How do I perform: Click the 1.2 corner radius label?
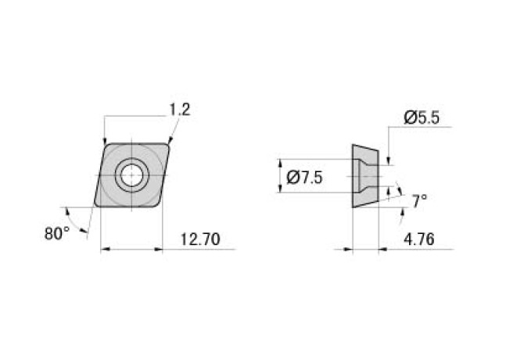[179, 110]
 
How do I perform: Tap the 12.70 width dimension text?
[199, 239]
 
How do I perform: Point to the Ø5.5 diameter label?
[422, 117]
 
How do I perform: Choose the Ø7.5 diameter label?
[305, 178]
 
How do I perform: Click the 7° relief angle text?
[419, 200]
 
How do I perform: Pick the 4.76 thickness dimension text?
[420, 239]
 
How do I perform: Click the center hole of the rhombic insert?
[131, 175]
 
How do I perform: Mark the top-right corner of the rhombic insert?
[169, 143]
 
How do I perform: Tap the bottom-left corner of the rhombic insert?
[96, 205]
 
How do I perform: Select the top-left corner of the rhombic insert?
[106, 143]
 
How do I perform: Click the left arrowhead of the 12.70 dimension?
[106, 250]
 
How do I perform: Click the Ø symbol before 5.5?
[410, 117]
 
